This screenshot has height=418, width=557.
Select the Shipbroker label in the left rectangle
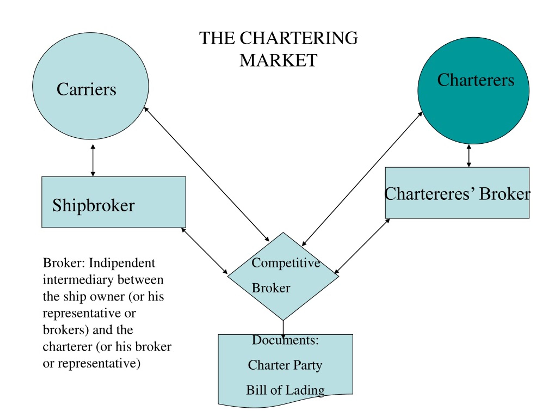tap(93, 206)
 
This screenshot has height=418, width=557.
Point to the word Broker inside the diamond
tap(271, 288)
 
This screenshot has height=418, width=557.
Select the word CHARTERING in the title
tap(299, 38)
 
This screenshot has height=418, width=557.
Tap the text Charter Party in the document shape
tap(285, 365)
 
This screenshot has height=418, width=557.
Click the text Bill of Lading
tap(285, 390)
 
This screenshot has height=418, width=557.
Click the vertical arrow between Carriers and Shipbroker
tap(93, 160)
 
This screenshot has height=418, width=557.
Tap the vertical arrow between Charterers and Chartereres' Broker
tap(469, 155)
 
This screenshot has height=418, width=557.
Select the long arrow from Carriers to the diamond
tap(206, 174)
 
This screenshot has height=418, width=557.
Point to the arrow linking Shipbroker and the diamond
tap(204, 251)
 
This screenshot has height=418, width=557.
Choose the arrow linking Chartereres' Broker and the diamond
tap(362, 246)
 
